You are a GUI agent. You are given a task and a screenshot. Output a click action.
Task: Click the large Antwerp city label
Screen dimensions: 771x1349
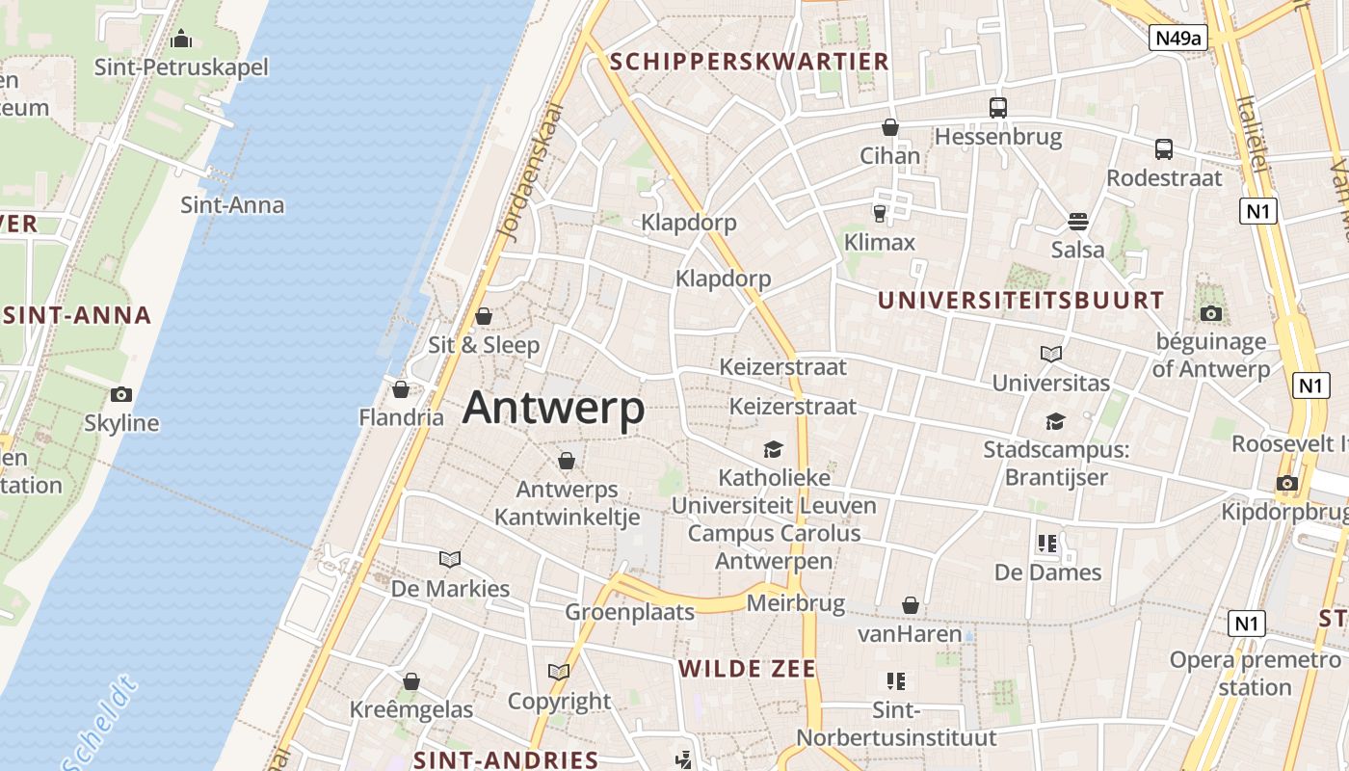point(553,408)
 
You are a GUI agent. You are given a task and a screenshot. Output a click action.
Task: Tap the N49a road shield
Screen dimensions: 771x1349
point(1178,38)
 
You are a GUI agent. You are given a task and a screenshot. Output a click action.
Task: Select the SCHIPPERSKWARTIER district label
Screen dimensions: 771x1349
point(750,62)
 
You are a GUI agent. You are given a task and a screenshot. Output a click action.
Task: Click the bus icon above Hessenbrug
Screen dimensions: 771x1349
point(998,108)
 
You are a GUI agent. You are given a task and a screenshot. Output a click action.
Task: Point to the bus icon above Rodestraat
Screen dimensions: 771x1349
point(1164,149)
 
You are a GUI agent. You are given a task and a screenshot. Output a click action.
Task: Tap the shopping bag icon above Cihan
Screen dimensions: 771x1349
point(890,127)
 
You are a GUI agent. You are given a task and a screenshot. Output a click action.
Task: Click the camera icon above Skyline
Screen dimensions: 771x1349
point(121,394)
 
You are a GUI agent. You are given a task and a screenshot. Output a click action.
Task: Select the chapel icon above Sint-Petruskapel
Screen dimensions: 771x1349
point(181,40)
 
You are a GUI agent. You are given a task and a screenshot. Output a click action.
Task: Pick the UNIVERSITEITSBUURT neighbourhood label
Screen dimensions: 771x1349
point(1021,300)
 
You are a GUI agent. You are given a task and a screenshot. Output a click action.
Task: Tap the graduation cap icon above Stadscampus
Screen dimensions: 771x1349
point(1055,422)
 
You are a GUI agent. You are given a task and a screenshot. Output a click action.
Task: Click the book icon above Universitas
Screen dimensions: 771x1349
point(1051,355)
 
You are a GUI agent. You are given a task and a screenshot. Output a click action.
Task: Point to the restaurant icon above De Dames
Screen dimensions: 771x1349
point(1047,544)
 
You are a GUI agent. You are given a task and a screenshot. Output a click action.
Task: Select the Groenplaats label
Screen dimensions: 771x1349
point(629,612)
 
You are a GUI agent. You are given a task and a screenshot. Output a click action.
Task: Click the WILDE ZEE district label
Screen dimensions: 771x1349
point(748,669)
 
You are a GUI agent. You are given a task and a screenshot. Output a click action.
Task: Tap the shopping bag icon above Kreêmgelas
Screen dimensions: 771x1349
point(411,682)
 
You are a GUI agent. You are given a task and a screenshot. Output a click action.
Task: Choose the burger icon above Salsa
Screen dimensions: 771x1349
point(1078,223)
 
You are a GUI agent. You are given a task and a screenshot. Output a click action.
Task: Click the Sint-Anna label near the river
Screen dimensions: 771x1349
point(232,204)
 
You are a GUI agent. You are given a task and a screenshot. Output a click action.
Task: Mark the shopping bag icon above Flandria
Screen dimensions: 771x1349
point(401,389)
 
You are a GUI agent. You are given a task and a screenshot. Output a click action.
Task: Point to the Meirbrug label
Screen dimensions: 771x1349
point(796,604)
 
